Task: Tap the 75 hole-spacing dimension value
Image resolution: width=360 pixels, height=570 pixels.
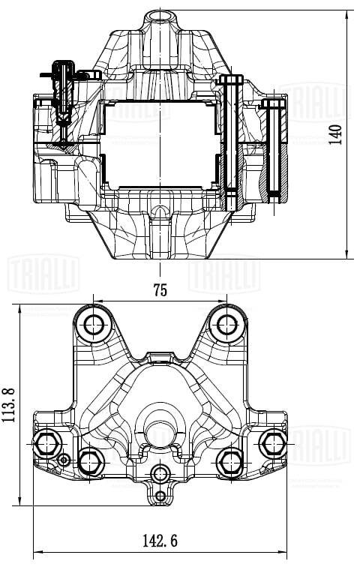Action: pyautogui.click(x=159, y=288)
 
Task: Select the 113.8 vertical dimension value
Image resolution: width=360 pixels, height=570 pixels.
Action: pyautogui.click(x=10, y=405)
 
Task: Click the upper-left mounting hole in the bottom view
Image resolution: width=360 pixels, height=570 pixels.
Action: pyautogui.click(x=95, y=325)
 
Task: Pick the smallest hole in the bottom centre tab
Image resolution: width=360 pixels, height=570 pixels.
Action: pyautogui.click(x=160, y=496)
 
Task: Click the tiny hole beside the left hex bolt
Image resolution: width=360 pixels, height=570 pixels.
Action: pyautogui.click(x=64, y=459)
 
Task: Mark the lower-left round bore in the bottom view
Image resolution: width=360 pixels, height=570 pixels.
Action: pyautogui.click(x=92, y=460)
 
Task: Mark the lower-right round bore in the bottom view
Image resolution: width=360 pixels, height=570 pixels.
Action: pyautogui.click(x=229, y=460)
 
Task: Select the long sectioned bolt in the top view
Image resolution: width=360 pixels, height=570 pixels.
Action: pyautogui.click(x=231, y=139)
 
